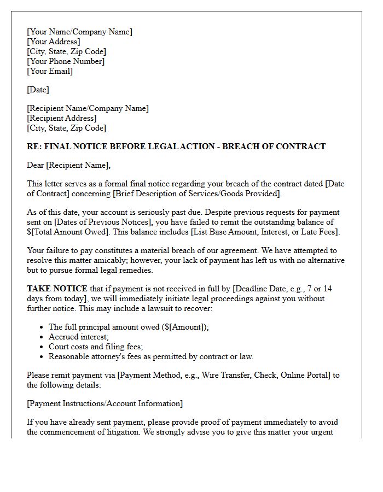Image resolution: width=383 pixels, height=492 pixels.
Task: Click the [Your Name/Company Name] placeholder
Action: pyautogui.click(x=79, y=32)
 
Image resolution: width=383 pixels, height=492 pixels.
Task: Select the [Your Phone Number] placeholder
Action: pyautogui.click(x=66, y=61)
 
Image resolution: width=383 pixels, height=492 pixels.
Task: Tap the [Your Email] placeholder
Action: pyautogui.click(x=50, y=71)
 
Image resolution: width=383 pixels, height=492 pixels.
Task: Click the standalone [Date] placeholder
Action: pyautogui.click(x=38, y=90)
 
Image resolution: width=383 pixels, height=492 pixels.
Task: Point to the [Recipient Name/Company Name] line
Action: pyautogui.click(x=88, y=108)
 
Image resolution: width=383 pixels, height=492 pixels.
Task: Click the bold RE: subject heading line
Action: pyautogui.click(x=176, y=147)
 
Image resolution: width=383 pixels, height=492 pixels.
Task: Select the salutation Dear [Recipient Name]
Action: pyautogui.click(x=68, y=165)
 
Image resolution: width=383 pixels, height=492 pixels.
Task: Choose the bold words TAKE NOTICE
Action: pyautogui.click(x=57, y=289)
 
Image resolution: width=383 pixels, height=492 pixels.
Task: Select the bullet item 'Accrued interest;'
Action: pyautogui.click(x=79, y=337)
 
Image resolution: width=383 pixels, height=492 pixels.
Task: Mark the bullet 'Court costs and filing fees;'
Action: pyautogui.click(x=96, y=347)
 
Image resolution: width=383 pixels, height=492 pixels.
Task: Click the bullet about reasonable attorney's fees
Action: pyautogui.click(x=150, y=356)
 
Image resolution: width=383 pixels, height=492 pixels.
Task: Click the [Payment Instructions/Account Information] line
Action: pyautogui.click(x=105, y=403)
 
